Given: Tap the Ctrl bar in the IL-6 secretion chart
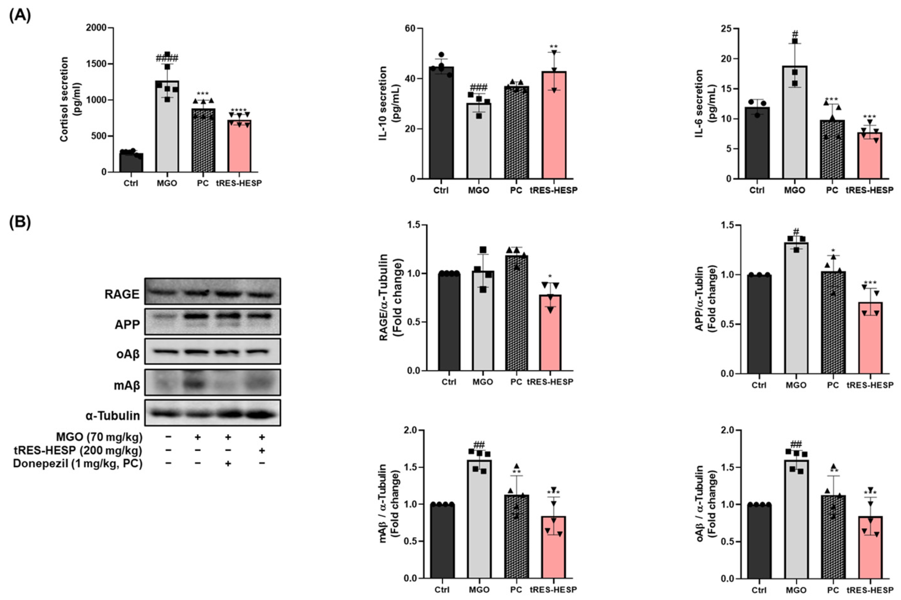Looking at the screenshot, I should (x=757, y=146).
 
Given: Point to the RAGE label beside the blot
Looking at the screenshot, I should (x=122, y=294).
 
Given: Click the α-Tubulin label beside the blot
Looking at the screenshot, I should (x=113, y=416).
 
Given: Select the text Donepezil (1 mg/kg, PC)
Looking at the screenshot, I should (x=78, y=464).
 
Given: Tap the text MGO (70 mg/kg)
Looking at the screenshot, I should (x=99, y=437).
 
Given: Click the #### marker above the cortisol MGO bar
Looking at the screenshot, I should (x=167, y=58).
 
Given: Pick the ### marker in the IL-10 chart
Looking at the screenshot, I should (x=478, y=86).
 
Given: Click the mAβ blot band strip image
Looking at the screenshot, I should (x=212, y=382).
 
